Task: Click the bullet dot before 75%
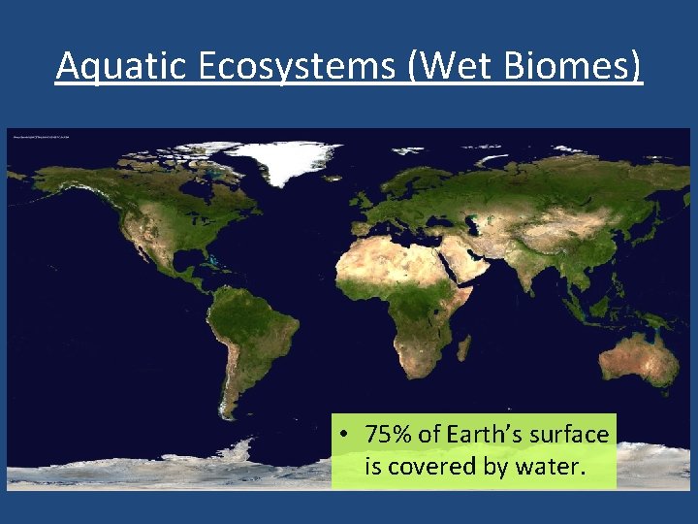coord(345,435)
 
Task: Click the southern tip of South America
coord(227,413)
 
